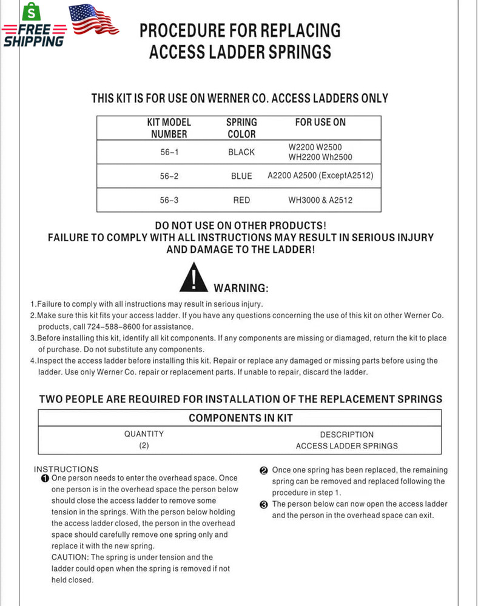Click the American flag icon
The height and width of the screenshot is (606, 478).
93,19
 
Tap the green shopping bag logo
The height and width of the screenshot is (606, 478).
29,12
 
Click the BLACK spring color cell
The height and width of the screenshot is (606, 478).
241,153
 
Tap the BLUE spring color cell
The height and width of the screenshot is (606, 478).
241,176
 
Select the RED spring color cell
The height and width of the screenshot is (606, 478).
241,200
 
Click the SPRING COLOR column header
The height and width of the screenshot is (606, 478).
241,128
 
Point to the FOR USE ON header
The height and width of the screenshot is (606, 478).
320,122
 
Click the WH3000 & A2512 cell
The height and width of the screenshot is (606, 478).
320,200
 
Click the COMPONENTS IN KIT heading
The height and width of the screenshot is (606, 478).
240,418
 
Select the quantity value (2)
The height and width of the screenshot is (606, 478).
144,445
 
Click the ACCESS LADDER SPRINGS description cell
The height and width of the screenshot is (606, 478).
346,446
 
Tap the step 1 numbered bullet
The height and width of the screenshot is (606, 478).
45,479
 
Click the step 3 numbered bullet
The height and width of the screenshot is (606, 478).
264,505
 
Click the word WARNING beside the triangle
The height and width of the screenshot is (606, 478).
241,288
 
